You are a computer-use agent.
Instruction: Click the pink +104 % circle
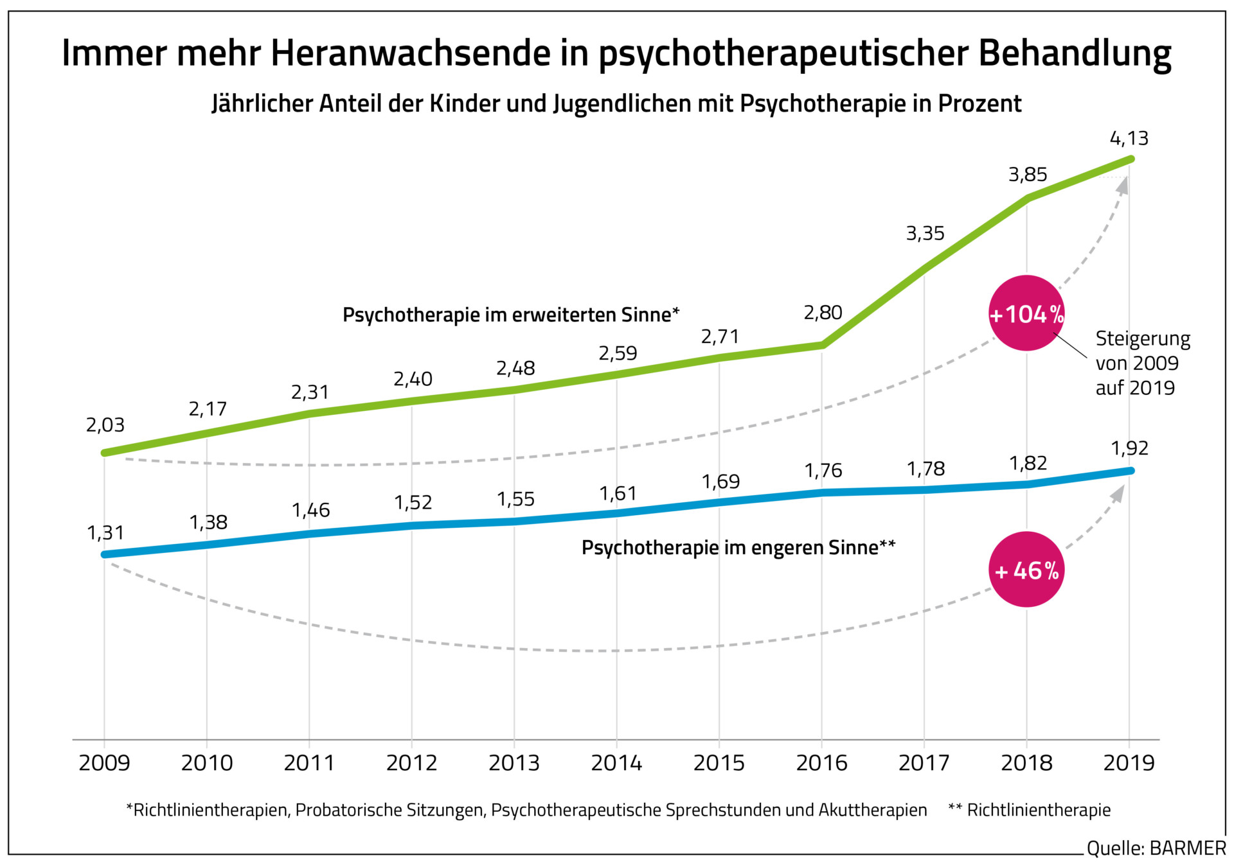[1026, 313]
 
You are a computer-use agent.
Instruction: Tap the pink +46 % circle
[1026, 570]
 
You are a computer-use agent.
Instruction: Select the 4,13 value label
[1129, 138]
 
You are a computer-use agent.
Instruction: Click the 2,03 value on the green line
[105, 425]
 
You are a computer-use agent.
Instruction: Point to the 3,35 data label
[925, 233]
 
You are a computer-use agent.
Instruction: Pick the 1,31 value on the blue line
[105, 532]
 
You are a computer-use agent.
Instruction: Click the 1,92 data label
[1129, 448]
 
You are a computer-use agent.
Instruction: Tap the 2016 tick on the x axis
[821, 762]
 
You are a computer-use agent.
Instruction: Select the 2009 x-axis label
[104, 762]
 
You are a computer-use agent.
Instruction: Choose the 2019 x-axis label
[1129, 762]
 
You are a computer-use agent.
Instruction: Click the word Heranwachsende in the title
[411, 53]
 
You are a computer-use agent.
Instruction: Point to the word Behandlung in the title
[1075, 53]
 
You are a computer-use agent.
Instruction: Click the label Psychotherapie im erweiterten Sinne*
[511, 315]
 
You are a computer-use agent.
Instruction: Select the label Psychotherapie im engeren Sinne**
[738, 547]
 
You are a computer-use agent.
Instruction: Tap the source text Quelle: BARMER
[1156, 848]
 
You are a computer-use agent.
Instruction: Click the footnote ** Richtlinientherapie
[1030, 810]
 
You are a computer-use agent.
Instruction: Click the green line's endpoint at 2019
[1131, 159]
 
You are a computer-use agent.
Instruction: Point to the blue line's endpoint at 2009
[105, 554]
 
